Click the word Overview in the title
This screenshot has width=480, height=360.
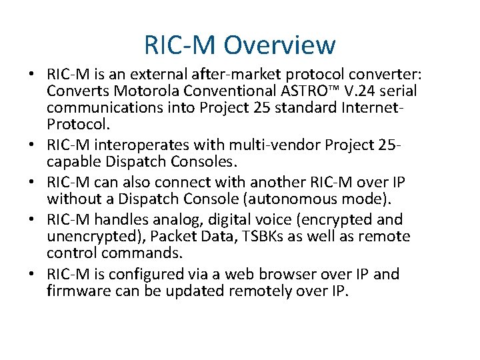(279, 45)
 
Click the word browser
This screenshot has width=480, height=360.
(301, 274)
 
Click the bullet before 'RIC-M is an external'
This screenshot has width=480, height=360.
(32, 73)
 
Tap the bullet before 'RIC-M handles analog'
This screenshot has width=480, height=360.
(32, 219)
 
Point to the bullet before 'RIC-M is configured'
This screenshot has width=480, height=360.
(32, 274)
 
